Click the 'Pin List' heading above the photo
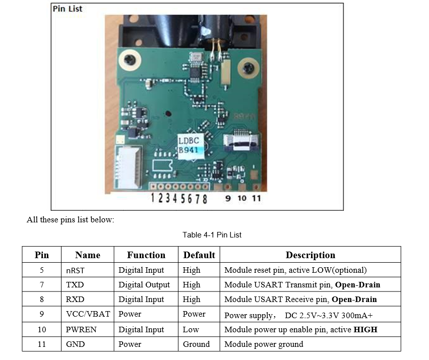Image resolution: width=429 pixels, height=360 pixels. pyautogui.click(x=68, y=9)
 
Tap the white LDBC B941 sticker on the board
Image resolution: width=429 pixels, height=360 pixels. pyautogui.click(x=191, y=146)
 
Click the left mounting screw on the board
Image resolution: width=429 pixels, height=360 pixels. pyautogui.click(x=130, y=59)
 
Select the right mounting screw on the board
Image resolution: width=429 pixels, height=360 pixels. pyautogui.click(x=249, y=68)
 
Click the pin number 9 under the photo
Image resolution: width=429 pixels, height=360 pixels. pyautogui.click(x=228, y=198)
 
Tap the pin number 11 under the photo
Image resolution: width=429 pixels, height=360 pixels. pyautogui.click(x=256, y=198)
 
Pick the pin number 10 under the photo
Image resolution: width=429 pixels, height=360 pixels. pyautogui.click(x=242, y=198)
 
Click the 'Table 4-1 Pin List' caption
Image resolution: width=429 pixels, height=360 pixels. pyautogui.click(x=212, y=235)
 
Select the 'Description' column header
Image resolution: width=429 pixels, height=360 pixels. pyautogui.click(x=310, y=255)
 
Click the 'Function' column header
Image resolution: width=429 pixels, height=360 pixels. pyautogui.click(x=146, y=255)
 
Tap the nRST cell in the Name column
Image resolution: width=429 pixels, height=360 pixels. pyautogui.click(x=75, y=271)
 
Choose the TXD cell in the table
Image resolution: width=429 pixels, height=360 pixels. pyautogui.click(x=75, y=285)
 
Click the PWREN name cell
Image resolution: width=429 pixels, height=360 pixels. pyautogui.click(x=81, y=330)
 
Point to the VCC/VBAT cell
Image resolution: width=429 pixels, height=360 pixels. pyautogui.click(x=88, y=314)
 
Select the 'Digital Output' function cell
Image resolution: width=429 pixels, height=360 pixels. pyautogui.click(x=144, y=285)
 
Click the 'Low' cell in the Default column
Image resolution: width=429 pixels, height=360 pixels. pyautogui.click(x=191, y=330)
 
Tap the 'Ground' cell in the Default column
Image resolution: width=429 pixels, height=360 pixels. pyautogui.click(x=196, y=344)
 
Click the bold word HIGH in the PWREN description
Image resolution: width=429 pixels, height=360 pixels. pyautogui.click(x=365, y=330)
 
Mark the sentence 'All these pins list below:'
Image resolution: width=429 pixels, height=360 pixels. pyautogui.click(x=70, y=220)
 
